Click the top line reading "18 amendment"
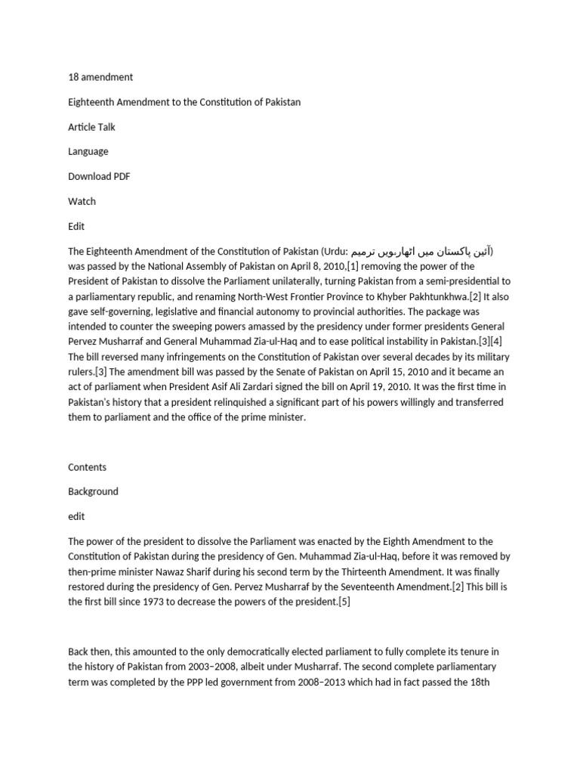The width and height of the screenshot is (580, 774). (x=100, y=77)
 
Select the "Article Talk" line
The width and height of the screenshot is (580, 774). (x=91, y=127)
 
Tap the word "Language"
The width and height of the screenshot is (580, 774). (x=88, y=151)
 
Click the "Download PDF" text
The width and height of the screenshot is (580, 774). (x=98, y=177)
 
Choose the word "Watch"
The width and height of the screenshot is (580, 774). (x=82, y=201)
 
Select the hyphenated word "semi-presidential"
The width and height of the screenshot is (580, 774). (x=455, y=281)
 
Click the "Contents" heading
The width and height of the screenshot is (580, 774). (x=87, y=467)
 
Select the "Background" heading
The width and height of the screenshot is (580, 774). (x=93, y=491)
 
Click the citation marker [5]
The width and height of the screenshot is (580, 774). (x=344, y=602)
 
